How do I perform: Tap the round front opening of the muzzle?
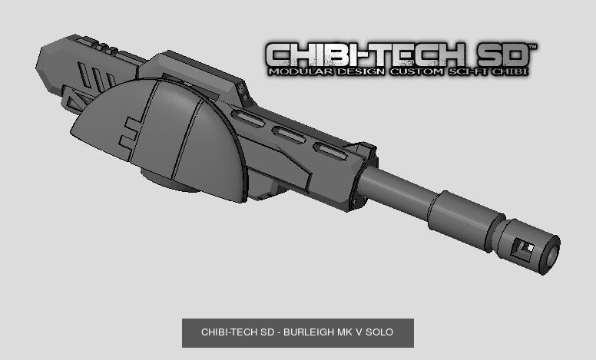point(551,255)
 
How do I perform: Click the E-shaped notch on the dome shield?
point(131,130)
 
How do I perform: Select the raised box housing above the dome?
point(192,74)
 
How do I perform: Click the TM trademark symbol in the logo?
point(531,48)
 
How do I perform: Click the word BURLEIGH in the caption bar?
point(312,332)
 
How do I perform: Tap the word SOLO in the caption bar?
point(379,332)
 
